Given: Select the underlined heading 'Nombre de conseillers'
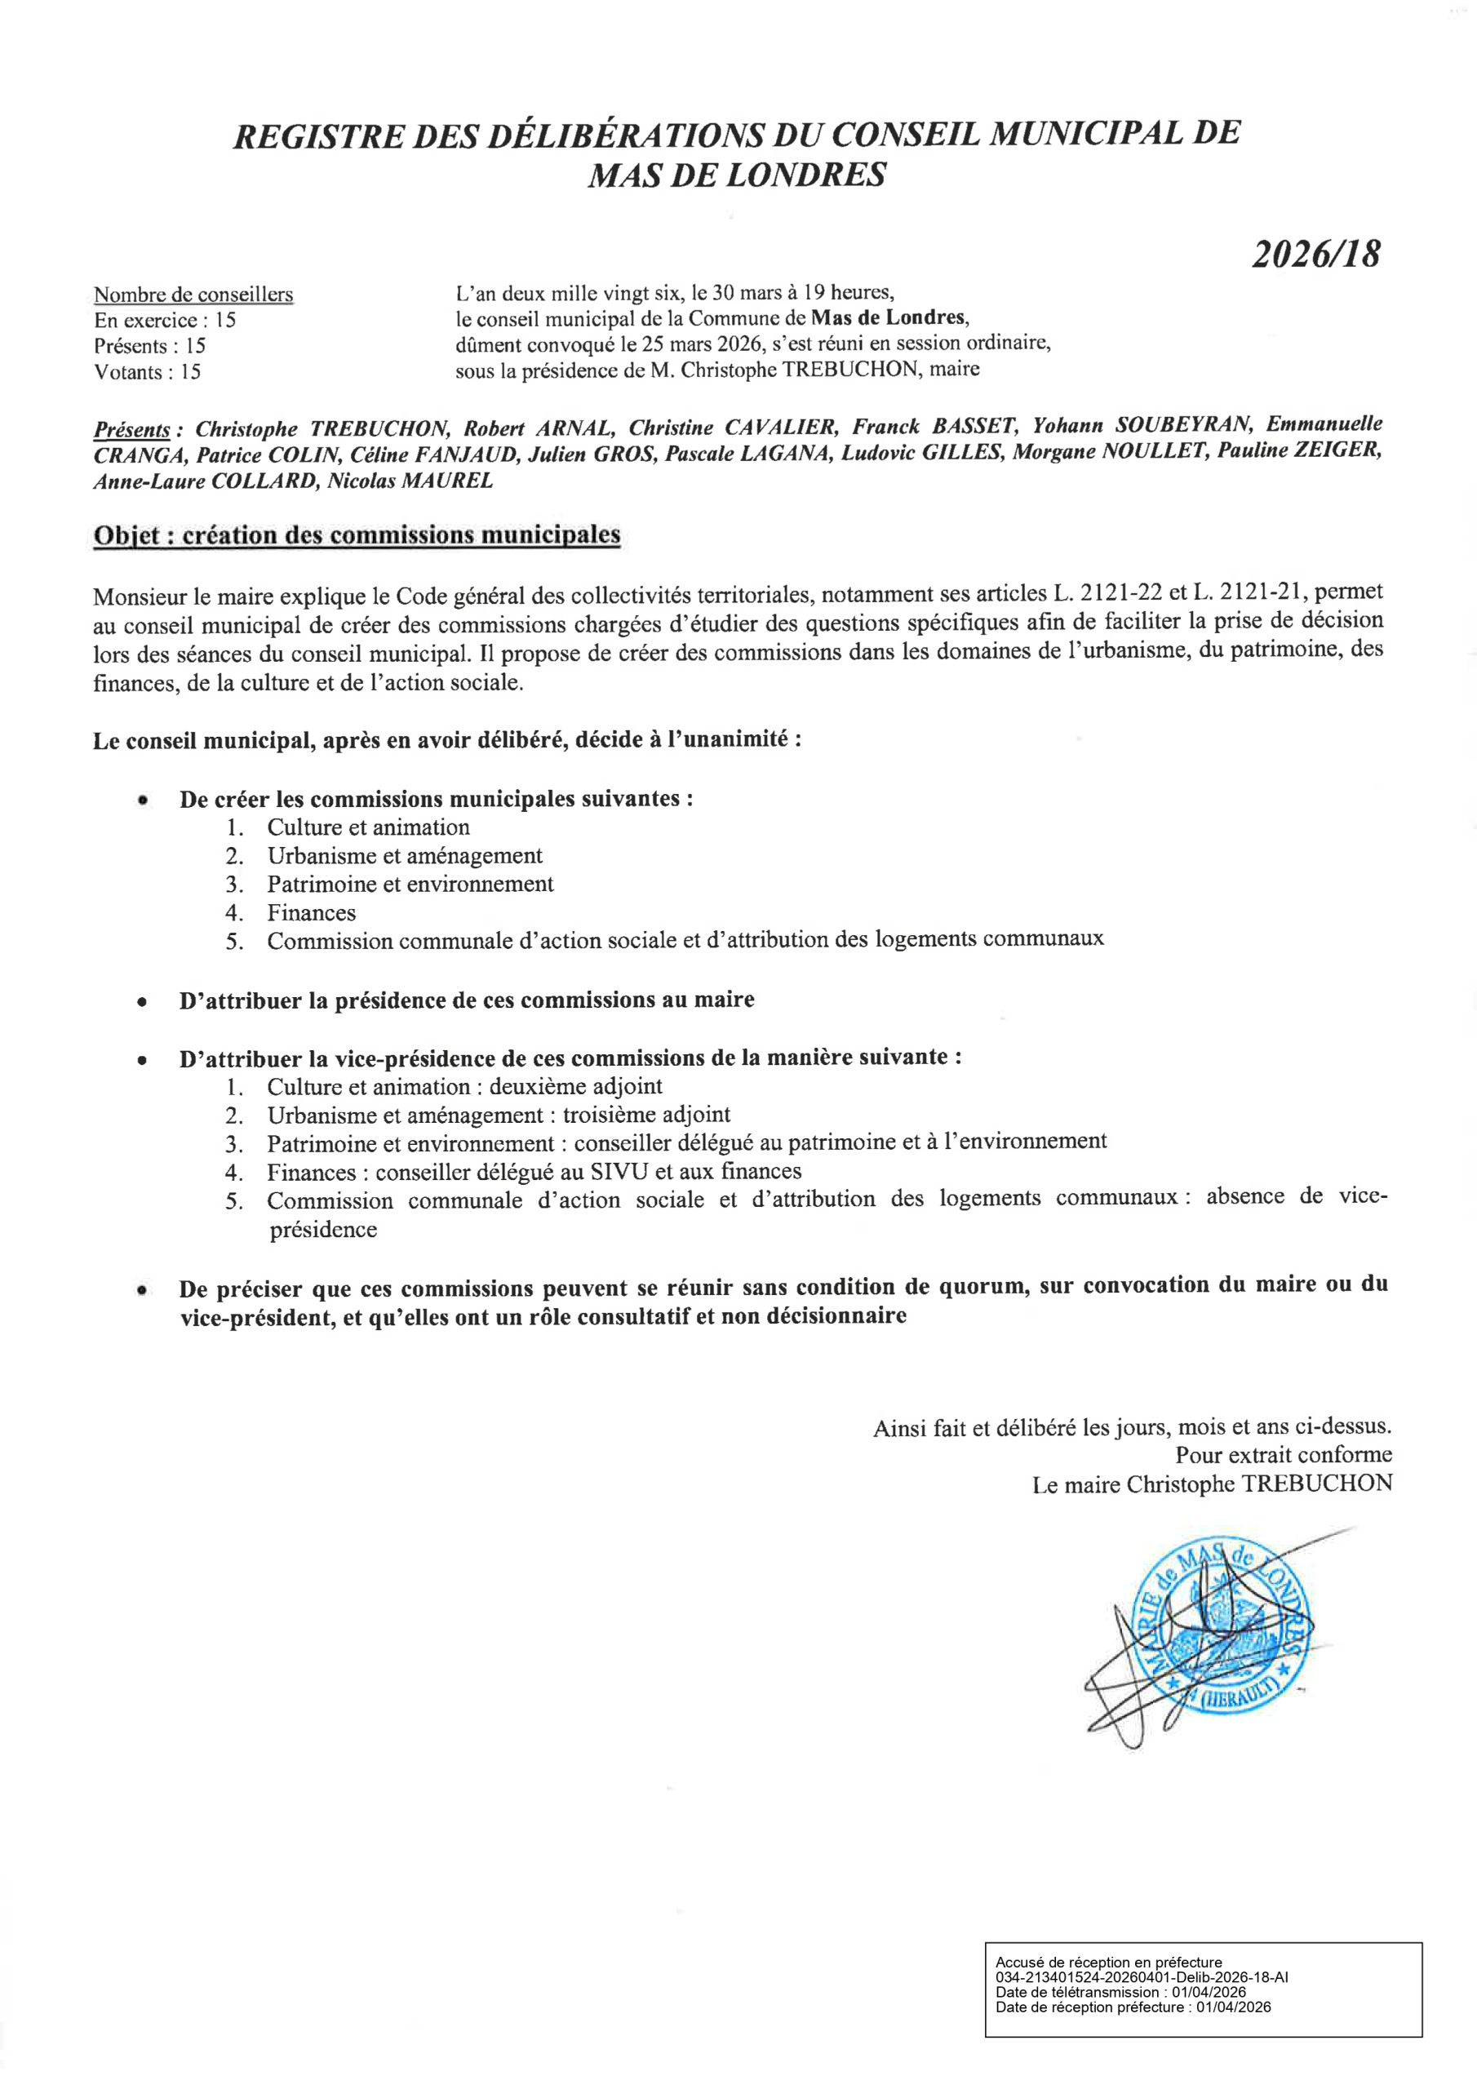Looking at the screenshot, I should click(193, 295).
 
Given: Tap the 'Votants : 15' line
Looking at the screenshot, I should click(148, 371).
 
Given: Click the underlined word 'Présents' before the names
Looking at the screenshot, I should click(132, 428).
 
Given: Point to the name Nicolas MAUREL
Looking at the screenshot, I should click(410, 481).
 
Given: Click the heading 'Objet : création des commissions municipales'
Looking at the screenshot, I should click(357, 535).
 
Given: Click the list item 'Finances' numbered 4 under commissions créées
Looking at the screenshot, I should click(311, 911).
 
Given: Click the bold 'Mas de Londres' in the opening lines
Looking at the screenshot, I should click(886, 318).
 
